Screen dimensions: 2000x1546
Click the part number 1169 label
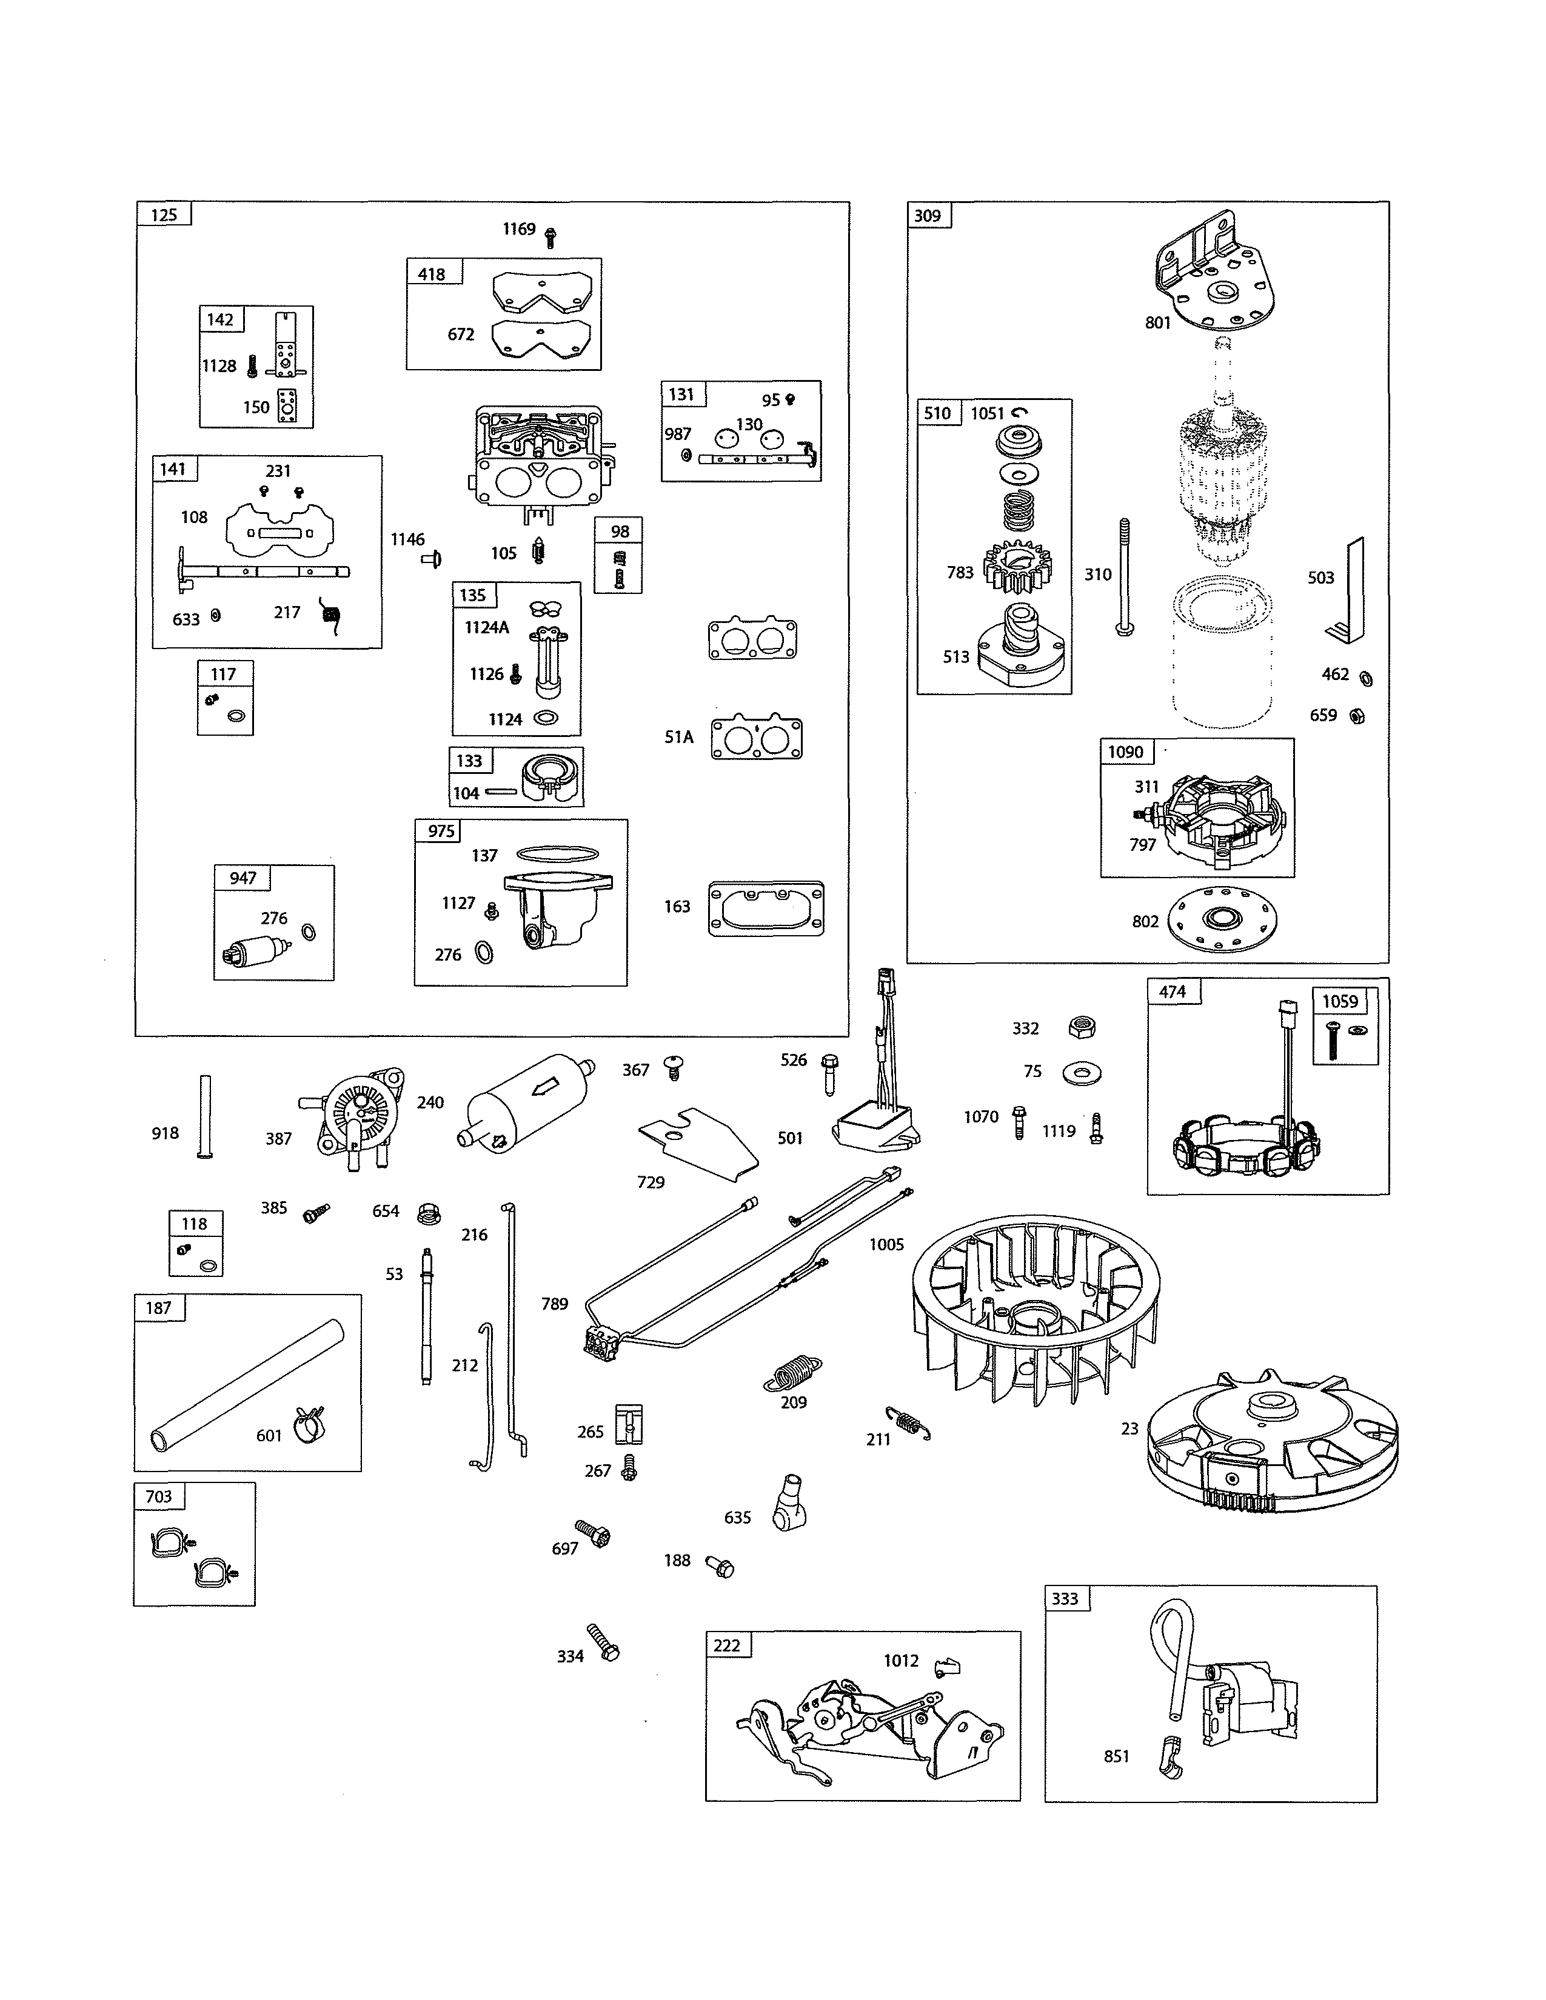(x=518, y=229)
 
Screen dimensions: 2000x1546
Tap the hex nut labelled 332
(x=1082, y=1027)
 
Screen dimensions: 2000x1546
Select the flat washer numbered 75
(x=1082, y=1072)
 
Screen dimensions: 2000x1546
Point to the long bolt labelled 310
(x=1124, y=577)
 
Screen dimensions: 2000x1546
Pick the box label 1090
(x=1126, y=752)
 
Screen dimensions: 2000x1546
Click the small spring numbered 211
(x=908, y=1422)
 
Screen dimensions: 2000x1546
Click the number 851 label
(x=1116, y=1756)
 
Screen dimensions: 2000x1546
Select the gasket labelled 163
(x=766, y=908)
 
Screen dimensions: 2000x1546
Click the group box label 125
(x=164, y=215)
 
